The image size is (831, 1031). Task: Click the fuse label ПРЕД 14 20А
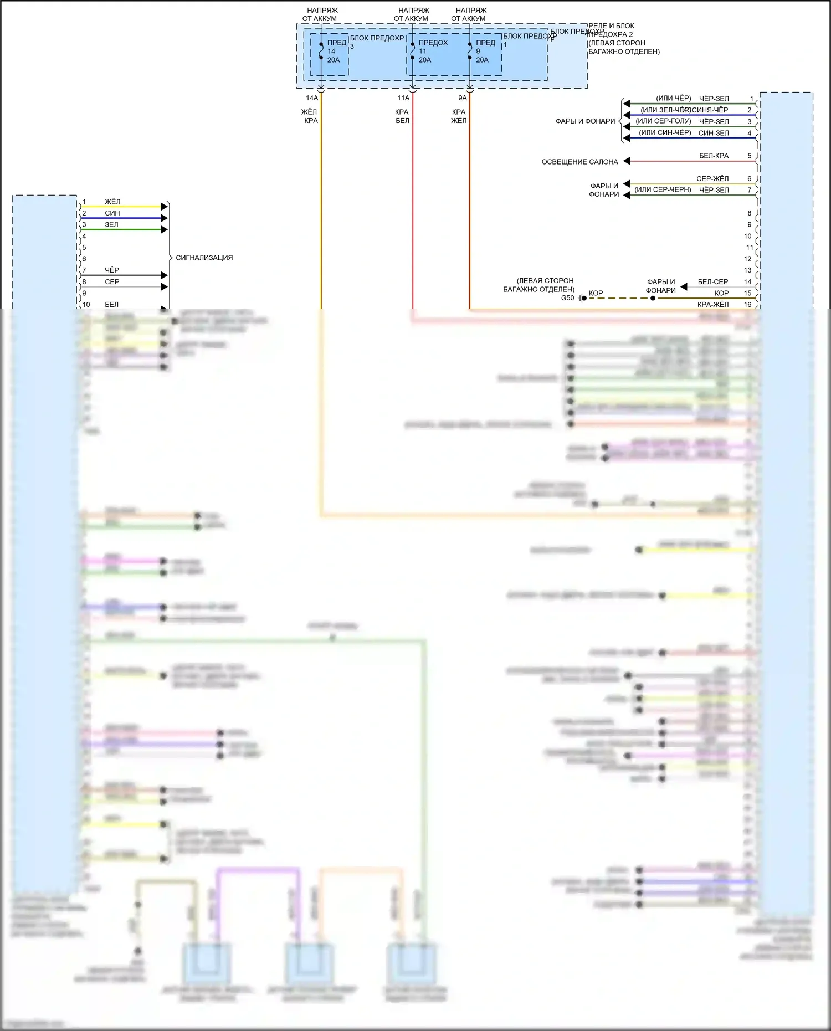pyautogui.click(x=334, y=52)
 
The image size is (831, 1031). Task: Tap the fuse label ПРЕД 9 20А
pyautogui.click(x=484, y=52)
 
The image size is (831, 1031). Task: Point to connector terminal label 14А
pyautogui.click(x=312, y=98)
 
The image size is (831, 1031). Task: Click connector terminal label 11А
pyautogui.click(x=403, y=98)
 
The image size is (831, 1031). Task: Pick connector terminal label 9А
pyautogui.click(x=463, y=98)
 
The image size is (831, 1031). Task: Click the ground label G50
pyautogui.click(x=568, y=298)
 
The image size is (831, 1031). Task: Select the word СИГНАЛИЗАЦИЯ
pyautogui.click(x=204, y=258)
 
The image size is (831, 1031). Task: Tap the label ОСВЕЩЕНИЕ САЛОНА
pyautogui.click(x=579, y=162)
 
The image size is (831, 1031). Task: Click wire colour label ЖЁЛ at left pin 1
pyautogui.click(x=112, y=202)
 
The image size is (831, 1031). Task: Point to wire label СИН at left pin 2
pyautogui.click(x=112, y=213)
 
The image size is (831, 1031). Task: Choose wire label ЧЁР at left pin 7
pyautogui.click(x=112, y=270)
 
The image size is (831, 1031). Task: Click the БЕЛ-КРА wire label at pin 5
pyautogui.click(x=714, y=156)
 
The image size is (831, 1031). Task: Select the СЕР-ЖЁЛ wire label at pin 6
pyautogui.click(x=712, y=179)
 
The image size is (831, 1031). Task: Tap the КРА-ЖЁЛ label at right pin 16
pyautogui.click(x=713, y=304)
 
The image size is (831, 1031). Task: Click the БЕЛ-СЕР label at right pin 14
pyautogui.click(x=713, y=282)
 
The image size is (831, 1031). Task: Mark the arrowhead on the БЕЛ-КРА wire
pyautogui.click(x=627, y=161)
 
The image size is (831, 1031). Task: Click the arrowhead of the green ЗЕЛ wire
pyautogui.click(x=164, y=229)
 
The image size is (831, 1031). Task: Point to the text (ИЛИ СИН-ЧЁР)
pyautogui.click(x=665, y=132)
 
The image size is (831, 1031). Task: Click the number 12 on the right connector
pyautogui.click(x=748, y=259)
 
